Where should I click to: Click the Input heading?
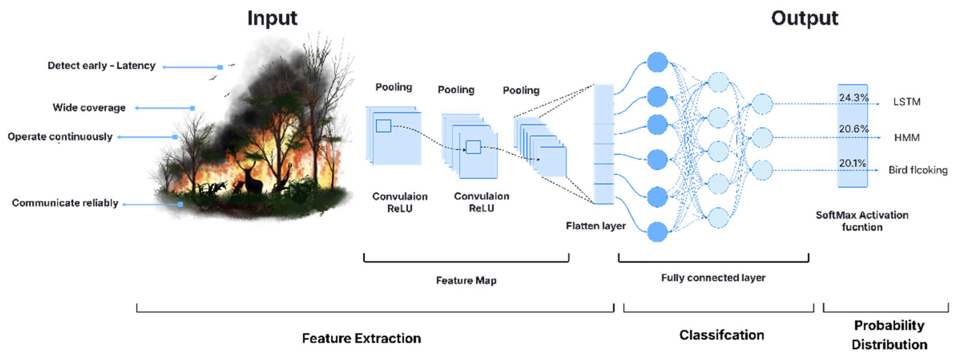(x=272, y=18)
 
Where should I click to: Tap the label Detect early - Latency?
(x=101, y=66)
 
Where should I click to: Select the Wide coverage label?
(x=89, y=108)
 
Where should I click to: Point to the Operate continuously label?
(x=60, y=137)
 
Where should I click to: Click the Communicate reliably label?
(x=65, y=203)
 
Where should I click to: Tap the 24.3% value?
(x=853, y=98)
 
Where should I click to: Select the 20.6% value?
(x=853, y=129)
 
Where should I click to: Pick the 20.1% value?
(x=852, y=163)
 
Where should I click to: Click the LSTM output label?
(x=907, y=102)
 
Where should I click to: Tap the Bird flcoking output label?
(x=918, y=170)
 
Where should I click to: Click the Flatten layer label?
(x=595, y=226)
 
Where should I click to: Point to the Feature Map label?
(x=466, y=280)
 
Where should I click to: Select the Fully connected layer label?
(x=713, y=278)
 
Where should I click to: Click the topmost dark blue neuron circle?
(x=657, y=62)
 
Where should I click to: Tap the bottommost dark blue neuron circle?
(x=657, y=232)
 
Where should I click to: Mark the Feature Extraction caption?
(x=361, y=338)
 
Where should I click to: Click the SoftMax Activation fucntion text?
(x=862, y=221)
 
